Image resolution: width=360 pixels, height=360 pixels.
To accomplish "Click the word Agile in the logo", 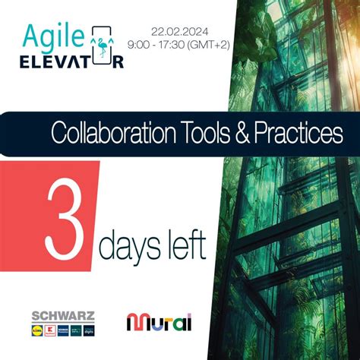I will point(50,36).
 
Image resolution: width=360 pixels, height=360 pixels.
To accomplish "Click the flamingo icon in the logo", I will point(102,47).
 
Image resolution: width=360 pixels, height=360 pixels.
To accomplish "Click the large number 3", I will point(68,216).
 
